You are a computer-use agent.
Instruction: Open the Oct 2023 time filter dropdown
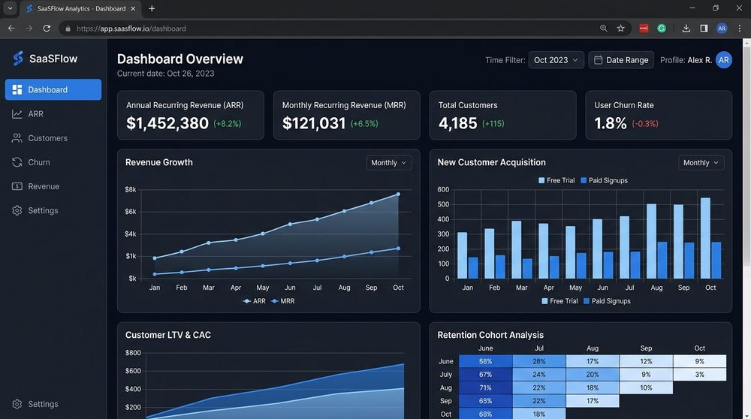pos(556,60)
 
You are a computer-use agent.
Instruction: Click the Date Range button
pos(621,60)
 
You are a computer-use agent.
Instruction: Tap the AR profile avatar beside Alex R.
pos(724,60)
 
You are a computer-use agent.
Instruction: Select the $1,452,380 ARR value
pos(167,123)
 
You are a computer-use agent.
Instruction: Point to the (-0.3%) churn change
pos(645,124)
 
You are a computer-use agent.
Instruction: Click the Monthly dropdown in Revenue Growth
pos(389,163)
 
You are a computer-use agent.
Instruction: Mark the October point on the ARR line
pos(398,194)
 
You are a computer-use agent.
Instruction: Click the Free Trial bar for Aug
pos(651,241)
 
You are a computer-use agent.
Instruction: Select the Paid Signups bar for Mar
pos(527,269)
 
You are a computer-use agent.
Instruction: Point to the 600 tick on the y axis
pos(443,190)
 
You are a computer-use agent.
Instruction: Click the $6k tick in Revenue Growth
pos(130,212)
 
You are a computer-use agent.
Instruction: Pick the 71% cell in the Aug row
pos(486,388)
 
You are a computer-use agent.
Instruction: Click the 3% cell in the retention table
pos(700,375)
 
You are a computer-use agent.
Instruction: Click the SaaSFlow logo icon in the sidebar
pos(18,59)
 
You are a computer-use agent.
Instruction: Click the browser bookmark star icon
pos(621,29)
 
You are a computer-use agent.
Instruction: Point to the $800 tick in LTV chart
pos(133,353)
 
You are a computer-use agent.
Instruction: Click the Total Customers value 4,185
pos(457,124)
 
